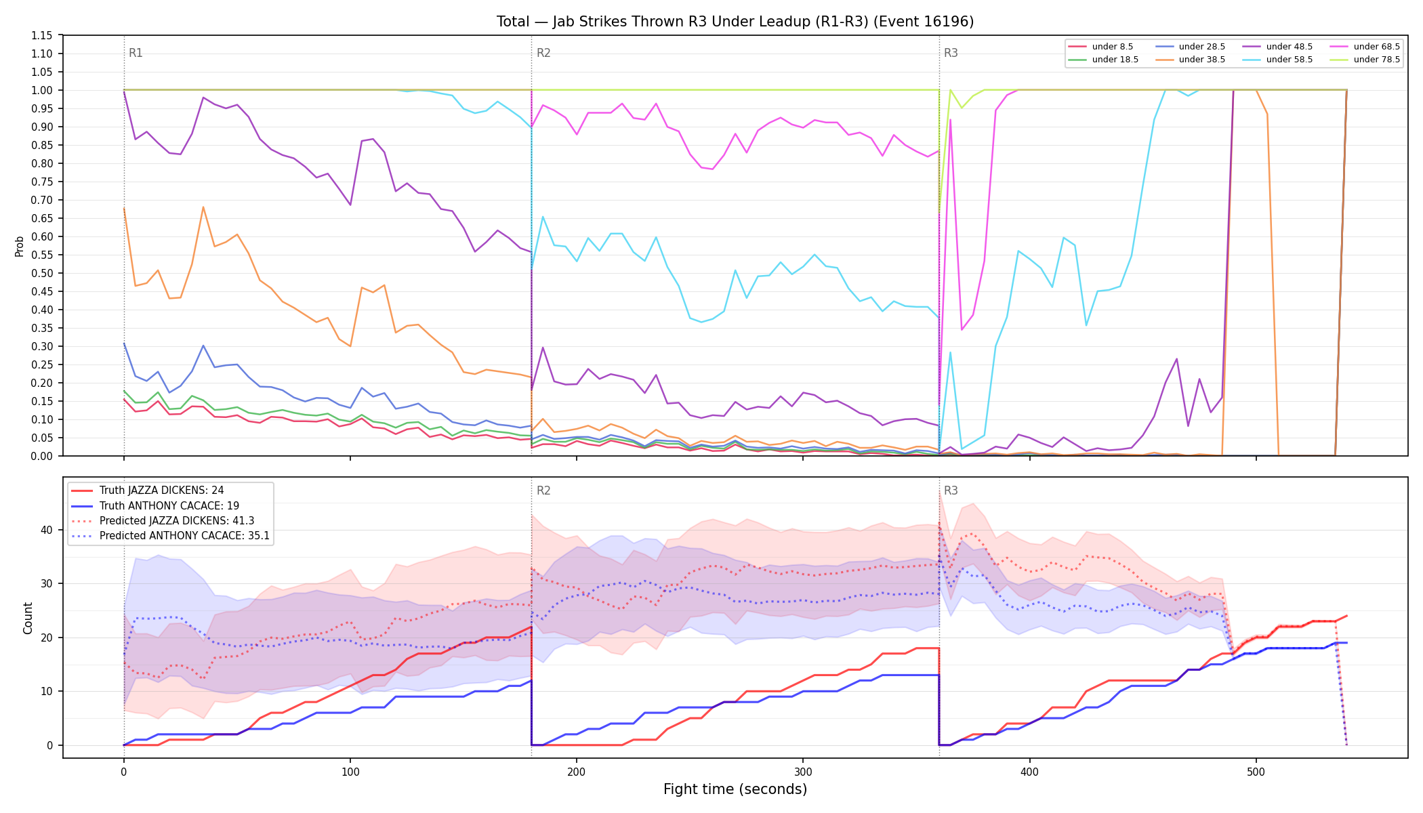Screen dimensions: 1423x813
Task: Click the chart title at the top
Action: [x=735, y=22]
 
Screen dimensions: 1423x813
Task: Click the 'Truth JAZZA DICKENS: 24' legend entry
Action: [x=148, y=491]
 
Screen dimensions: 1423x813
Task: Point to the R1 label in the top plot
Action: [x=136, y=53]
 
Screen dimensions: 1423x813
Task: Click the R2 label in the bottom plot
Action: [x=543, y=491]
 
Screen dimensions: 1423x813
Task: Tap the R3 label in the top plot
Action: [x=951, y=53]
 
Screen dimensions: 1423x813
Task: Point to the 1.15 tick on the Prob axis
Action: [x=42, y=35]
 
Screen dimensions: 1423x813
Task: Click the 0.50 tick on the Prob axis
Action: [x=42, y=273]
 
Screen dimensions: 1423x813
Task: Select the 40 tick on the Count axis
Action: [x=47, y=530]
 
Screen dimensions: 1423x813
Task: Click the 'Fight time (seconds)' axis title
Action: [x=735, y=789]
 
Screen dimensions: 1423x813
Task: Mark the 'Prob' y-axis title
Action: [x=20, y=246]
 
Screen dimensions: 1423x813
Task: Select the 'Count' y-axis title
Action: [x=28, y=618]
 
